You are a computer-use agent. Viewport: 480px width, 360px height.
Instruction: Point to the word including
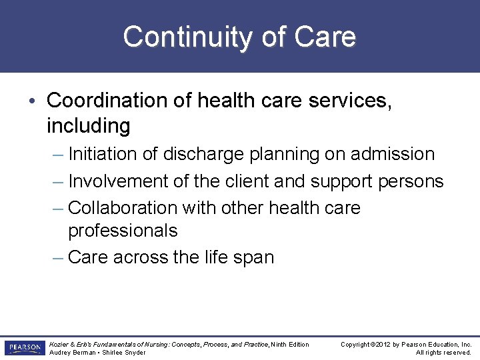pos(88,125)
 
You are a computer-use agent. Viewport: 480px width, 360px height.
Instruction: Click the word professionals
pos(123,231)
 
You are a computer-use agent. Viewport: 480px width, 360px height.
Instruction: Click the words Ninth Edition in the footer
pos(290,345)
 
